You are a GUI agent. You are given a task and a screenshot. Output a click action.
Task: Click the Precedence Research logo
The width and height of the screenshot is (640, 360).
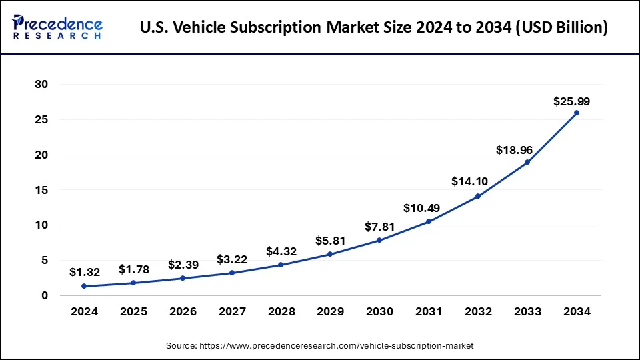[x=57, y=27]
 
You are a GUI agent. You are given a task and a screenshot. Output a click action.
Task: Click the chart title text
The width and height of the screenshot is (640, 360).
[x=374, y=28]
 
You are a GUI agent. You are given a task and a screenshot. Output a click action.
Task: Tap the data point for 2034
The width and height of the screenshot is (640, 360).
[x=577, y=113]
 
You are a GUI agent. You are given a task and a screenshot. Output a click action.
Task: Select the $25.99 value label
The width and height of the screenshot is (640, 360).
[x=571, y=101]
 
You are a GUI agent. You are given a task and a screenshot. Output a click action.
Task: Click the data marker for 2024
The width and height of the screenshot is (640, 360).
[x=83, y=286]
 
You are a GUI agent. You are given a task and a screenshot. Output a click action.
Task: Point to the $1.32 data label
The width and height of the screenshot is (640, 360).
[x=85, y=272]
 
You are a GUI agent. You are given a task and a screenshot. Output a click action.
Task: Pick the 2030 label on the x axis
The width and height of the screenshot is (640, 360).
[x=379, y=311]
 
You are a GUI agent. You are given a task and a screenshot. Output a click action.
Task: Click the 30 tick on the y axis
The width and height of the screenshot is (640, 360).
[x=42, y=85]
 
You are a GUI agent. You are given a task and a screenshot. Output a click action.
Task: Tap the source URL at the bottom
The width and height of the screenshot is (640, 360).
[x=320, y=345]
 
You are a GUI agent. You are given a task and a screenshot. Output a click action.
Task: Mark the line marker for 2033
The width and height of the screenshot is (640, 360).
[x=527, y=162]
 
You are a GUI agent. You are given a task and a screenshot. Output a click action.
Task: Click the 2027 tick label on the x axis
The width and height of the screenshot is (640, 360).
[x=231, y=311]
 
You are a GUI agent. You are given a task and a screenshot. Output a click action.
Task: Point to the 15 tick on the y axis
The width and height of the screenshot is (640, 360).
[x=42, y=190]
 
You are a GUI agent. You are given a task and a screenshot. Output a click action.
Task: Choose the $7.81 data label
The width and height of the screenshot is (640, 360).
[x=379, y=227]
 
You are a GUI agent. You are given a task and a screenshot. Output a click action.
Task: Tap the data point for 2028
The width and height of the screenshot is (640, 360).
[x=281, y=265]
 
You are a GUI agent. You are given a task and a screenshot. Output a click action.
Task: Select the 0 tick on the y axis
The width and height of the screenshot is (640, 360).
[x=45, y=295]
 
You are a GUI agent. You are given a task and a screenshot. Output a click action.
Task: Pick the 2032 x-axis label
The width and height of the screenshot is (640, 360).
[x=478, y=311]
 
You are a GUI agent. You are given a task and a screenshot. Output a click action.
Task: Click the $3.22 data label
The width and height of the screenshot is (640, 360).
[x=233, y=259]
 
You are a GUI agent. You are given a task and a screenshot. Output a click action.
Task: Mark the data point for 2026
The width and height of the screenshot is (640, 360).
[x=182, y=278]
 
